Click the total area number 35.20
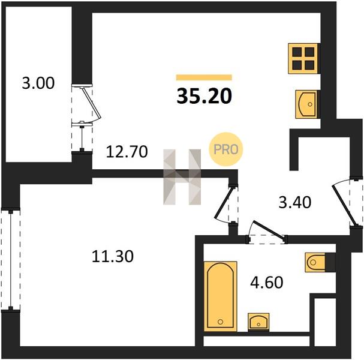(204, 96)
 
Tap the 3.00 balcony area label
(38, 83)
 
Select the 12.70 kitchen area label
(127, 152)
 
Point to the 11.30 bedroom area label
(113, 256)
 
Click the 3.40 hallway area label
(295, 202)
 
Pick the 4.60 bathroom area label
(267, 283)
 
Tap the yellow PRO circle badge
(226, 149)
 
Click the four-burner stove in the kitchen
(303, 59)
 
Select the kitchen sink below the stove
(306, 104)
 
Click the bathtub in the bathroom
(221, 296)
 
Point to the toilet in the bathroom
(315, 262)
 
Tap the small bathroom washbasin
(258, 322)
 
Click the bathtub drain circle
(221, 322)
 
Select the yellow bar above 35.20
(204, 77)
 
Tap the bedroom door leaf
(224, 203)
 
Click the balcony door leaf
(92, 103)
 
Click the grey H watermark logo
(182, 177)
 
